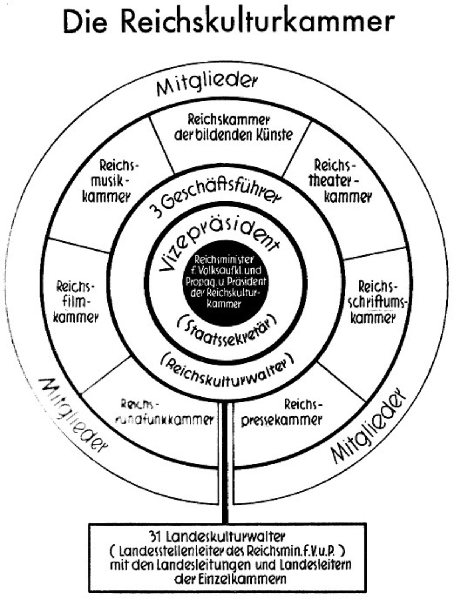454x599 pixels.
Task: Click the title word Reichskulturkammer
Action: tap(257, 22)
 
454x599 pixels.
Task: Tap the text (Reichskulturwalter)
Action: tap(227, 372)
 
